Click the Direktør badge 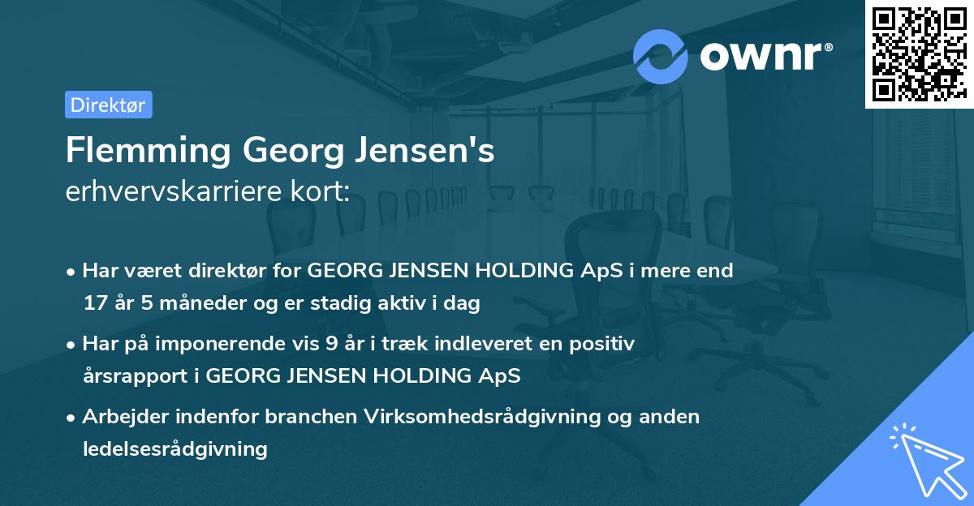[108, 105]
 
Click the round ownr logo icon [661, 56]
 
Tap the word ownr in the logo [763, 56]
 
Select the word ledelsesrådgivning [175, 448]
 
